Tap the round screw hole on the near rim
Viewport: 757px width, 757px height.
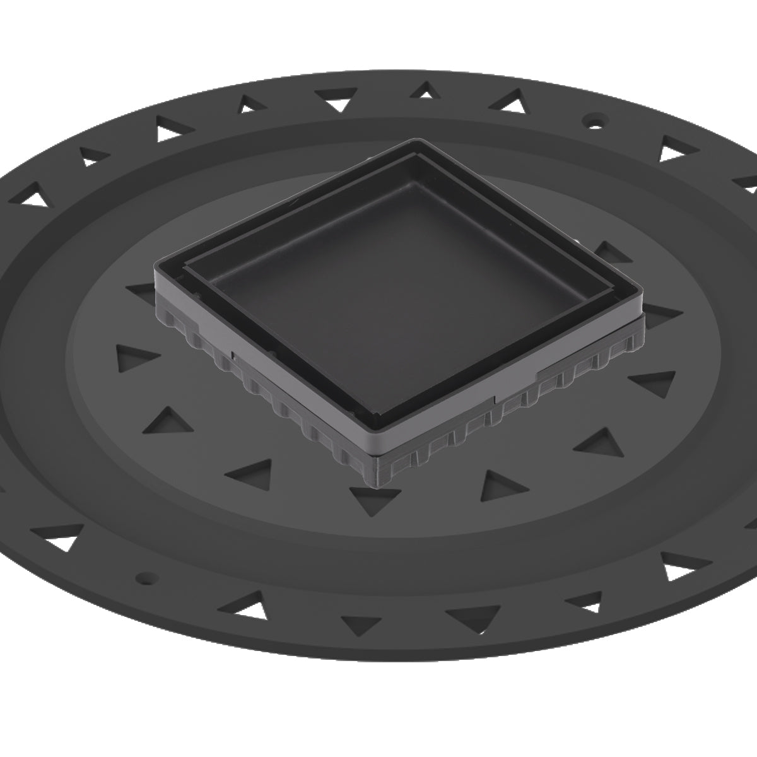point(146,577)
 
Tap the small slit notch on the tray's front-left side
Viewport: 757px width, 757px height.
point(233,356)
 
